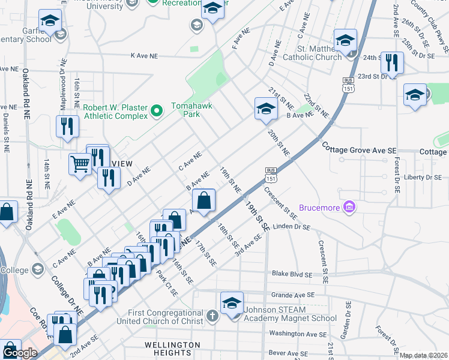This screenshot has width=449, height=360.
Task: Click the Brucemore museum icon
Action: [x=349, y=208]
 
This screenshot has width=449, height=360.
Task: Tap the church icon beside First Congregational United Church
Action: [x=212, y=315]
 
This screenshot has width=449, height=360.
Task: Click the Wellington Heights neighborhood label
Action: [x=172, y=349]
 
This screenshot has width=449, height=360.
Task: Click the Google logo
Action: [x=19, y=352]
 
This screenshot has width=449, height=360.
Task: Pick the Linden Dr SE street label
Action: [x=291, y=227]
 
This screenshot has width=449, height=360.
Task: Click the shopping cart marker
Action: [x=80, y=163]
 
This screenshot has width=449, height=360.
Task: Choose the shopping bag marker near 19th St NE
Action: [x=204, y=200]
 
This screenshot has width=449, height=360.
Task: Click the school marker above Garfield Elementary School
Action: [x=50, y=21]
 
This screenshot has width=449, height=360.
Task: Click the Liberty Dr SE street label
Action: [x=423, y=178]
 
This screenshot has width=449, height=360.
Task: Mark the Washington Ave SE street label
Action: [x=298, y=334]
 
